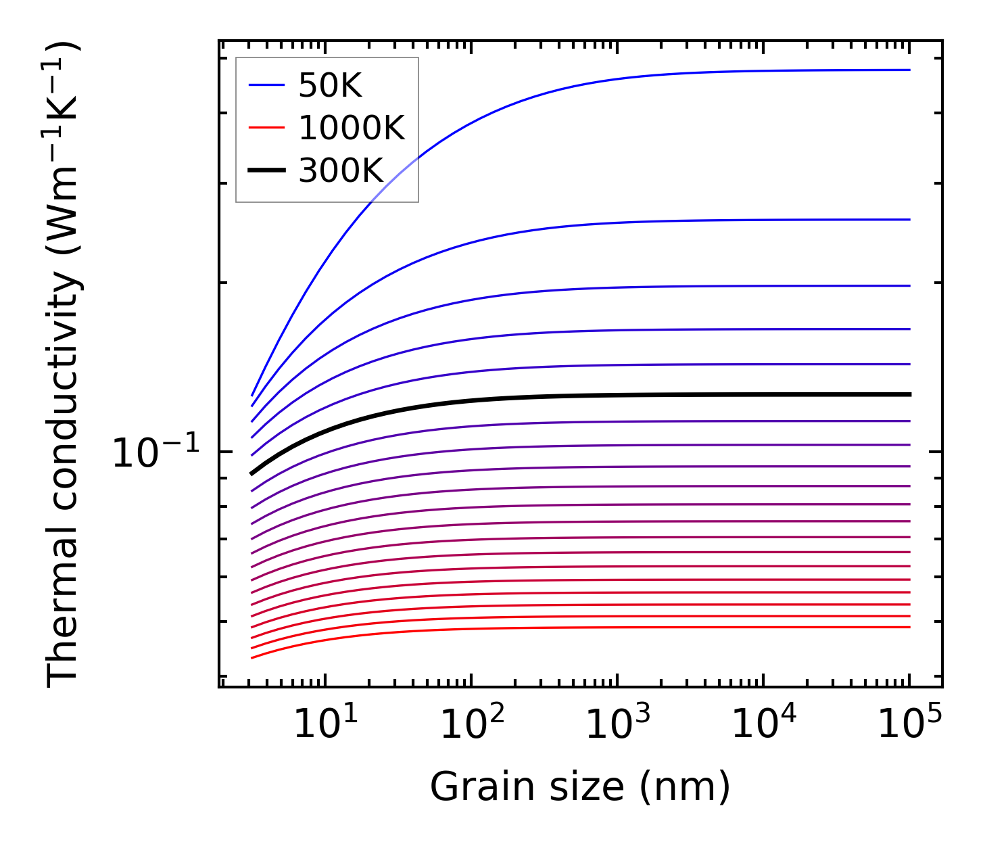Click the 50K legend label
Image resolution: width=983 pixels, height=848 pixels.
point(330,86)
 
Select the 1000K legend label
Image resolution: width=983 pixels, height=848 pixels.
point(352,128)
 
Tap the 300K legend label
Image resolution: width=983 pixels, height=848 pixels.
point(341,171)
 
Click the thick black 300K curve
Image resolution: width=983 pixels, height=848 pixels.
point(608,396)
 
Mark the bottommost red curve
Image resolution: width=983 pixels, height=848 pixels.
point(608,628)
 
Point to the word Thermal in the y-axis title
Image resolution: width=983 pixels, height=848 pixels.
point(64,635)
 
